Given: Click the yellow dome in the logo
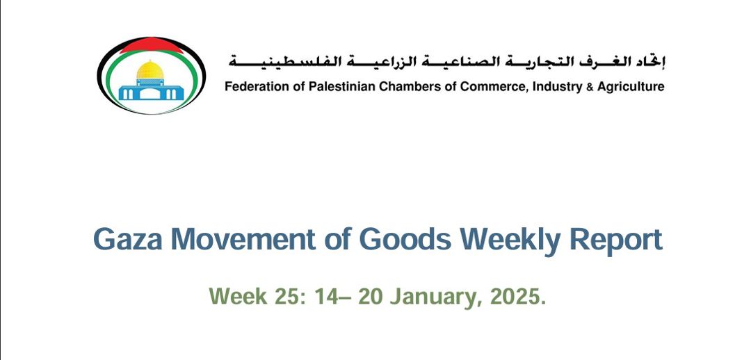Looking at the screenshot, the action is click(x=150, y=70).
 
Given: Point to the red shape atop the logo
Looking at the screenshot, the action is click(x=151, y=45).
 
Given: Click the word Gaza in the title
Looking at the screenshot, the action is click(x=129, y=239).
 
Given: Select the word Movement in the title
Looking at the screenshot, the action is click(x=243, y=239).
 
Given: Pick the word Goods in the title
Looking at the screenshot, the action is click(x=405, y=239).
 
